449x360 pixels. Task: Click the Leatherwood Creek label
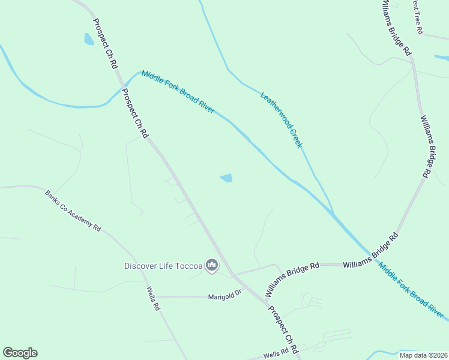coord(281,119)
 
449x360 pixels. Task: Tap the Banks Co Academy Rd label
coord(73,211)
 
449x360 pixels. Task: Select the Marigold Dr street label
coord(224,296)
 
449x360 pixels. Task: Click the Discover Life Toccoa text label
coord(163,266)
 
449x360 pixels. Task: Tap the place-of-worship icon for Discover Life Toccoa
coord(211,265)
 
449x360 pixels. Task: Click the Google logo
coord(20,353)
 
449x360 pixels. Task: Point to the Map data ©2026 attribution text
coord(423,355)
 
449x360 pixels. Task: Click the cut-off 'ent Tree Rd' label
coord(418,16)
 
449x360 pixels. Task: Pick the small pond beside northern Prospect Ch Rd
coord(89,40)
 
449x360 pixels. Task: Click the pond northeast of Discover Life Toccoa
coord(227,178)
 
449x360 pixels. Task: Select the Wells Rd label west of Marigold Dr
coord(153,298)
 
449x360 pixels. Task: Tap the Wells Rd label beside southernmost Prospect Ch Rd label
coord(276,355)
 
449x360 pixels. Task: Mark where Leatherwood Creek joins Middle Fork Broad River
coord(333,213)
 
